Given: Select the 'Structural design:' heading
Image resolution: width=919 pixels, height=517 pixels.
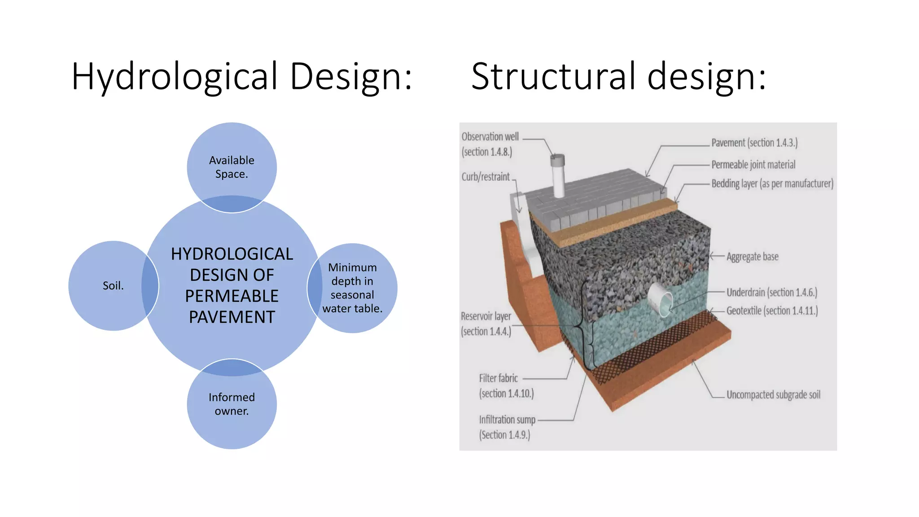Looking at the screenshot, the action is [x=619, y=76].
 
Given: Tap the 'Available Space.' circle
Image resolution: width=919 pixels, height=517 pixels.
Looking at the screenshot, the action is [x=232, y=167].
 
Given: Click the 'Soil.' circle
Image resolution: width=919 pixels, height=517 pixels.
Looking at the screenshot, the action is [x=114, y=286].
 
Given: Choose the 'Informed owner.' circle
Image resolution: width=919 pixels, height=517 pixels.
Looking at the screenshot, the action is [x=232, y=404].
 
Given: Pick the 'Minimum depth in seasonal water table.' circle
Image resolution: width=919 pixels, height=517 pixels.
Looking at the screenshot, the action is [x=352, y=288].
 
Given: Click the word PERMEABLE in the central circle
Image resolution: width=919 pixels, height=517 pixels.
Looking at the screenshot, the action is [x=232, y=296].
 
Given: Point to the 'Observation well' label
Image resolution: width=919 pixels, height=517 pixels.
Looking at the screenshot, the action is [x=490, y=137].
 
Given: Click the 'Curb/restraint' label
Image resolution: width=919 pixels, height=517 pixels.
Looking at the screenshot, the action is [x=486, y=177].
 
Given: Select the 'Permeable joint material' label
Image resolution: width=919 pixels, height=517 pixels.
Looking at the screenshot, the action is [x=753, y=165].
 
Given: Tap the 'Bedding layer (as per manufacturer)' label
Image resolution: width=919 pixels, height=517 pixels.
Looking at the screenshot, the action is [x=772, y=184].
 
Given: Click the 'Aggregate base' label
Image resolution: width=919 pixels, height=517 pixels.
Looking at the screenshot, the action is [x=753, y=257].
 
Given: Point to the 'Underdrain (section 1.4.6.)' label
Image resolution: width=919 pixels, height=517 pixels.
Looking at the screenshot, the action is [x=772, y=293].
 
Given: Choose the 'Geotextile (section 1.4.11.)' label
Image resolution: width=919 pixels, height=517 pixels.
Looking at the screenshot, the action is [x=772, y=311].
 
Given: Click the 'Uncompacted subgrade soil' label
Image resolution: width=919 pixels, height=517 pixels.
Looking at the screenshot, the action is [x=774, y=395].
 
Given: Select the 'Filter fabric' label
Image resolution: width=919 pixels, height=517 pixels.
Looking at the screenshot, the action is [x=499, y=378].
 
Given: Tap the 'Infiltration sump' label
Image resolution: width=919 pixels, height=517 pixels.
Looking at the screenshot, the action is [x=507, y=420].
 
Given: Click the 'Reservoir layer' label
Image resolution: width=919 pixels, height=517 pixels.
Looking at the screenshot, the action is [x=486, y=316].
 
